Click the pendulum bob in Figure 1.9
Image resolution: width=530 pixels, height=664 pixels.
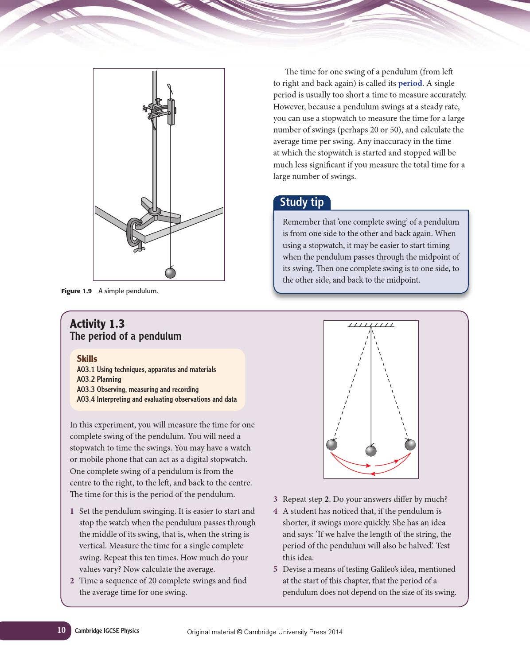[170, 272]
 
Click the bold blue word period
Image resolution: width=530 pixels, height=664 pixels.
[410, 83]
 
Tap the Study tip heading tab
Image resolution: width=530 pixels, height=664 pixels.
[302, 202]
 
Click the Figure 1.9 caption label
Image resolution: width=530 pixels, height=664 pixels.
[76, 291]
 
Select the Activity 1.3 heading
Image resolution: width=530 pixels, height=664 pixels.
[97, 324]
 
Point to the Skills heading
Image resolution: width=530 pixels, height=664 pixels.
[87, 359]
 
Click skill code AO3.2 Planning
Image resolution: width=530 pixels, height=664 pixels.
[99, 379]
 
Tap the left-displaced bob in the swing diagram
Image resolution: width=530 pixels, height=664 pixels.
[332, 444]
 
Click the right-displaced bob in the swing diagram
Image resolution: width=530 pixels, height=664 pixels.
[410, 444]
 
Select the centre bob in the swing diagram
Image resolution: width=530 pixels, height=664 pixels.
[371, 451]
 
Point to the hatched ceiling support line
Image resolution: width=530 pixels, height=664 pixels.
[371, 325]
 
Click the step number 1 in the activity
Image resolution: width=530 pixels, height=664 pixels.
[72, 511]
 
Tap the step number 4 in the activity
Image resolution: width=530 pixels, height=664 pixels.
[275, 511]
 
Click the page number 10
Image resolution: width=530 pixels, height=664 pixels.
[61, 630]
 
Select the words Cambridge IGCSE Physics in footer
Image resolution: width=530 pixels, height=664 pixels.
[107, 631]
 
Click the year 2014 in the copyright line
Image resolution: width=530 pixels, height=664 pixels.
[335, 632]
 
